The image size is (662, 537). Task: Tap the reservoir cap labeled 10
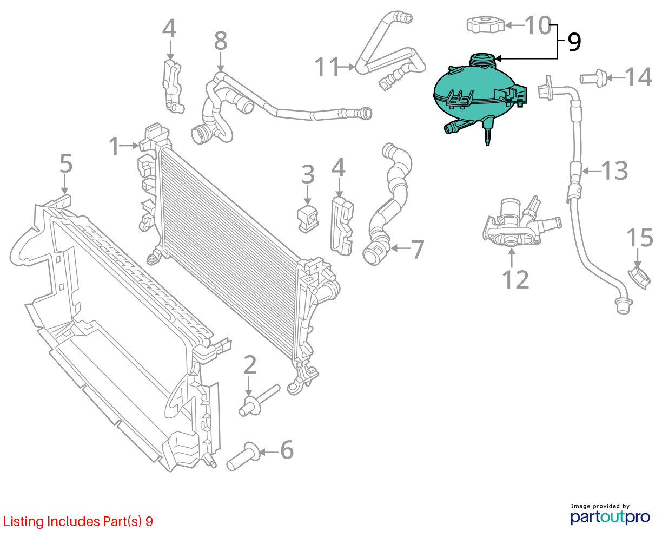coord(485,24)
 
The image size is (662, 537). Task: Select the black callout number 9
coord(574,42)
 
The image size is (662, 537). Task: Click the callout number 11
coord(327,67)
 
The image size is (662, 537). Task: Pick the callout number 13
coord(615,171)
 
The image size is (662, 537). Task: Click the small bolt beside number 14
coord(593,77)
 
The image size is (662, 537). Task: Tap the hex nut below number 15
coord(639,278)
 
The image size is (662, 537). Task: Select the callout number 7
coord(418,249)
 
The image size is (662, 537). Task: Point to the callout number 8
coord(221,41)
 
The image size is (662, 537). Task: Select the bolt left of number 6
coord(243,456)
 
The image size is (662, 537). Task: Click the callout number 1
coord(114,146)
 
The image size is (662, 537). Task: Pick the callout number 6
coord(287,450)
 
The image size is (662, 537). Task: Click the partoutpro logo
coord(610,517)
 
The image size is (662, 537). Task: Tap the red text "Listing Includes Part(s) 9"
coord(78,521)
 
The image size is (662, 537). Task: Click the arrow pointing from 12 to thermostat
coord(512,258)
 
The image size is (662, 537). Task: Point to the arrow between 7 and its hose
coord(400,248)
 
